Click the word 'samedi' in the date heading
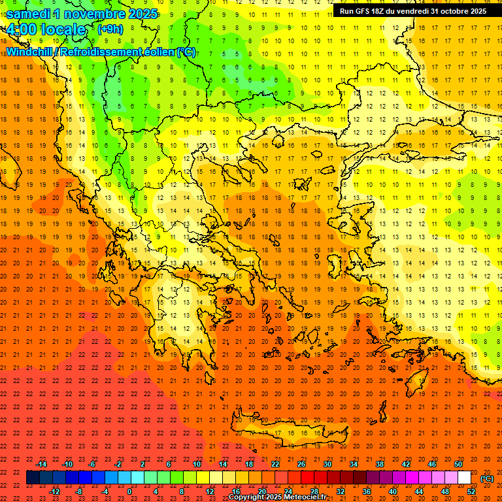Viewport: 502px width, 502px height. [30, 14]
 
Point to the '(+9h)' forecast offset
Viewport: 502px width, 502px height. [109, 29]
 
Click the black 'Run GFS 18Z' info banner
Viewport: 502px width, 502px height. [413, 11]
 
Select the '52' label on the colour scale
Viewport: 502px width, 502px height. [471, 492]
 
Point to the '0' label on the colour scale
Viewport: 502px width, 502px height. [129, 492]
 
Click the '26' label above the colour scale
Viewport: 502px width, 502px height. [301, 464]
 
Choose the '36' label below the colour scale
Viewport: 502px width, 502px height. [367, 492]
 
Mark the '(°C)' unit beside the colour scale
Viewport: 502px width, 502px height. [487, 478]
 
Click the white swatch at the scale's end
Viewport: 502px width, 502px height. [465, 478]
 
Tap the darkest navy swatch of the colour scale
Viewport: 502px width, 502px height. [33, 478]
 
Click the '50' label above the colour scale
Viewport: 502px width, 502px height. [458, 464]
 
